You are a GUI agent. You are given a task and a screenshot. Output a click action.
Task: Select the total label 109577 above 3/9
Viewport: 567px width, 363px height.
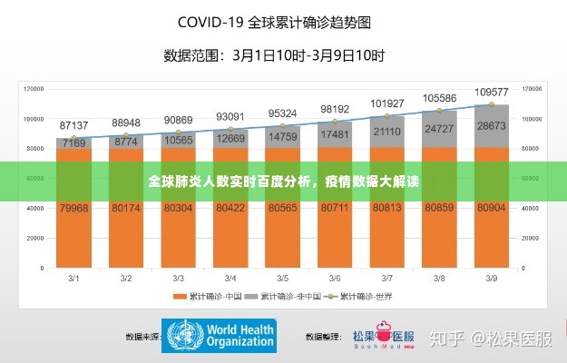point(492,92)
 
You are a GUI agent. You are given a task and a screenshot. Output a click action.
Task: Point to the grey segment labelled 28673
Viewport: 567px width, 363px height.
point(492,125)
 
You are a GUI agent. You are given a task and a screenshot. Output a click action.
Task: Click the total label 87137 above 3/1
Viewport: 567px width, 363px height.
point(74,124)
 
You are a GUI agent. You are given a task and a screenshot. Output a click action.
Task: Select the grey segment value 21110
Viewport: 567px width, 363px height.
point(387,132)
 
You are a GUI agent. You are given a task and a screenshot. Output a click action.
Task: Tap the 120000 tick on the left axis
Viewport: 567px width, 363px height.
point(34,89)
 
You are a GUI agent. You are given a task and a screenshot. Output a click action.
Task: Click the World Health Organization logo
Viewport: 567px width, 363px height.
point(219,336)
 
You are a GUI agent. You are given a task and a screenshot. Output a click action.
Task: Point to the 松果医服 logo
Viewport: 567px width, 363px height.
point(382,336)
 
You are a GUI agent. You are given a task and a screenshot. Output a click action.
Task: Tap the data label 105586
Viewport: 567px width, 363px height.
point(440,98)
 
